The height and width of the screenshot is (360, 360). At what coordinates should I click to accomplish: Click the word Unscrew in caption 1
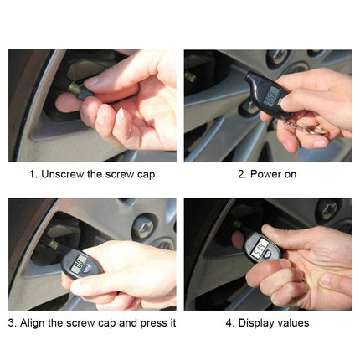pos(65,174)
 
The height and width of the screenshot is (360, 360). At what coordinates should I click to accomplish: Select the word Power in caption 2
pos(258,174)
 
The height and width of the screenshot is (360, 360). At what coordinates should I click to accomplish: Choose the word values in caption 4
pos(293,322)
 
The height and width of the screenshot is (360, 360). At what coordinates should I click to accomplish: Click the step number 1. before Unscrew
pos(33,174)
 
